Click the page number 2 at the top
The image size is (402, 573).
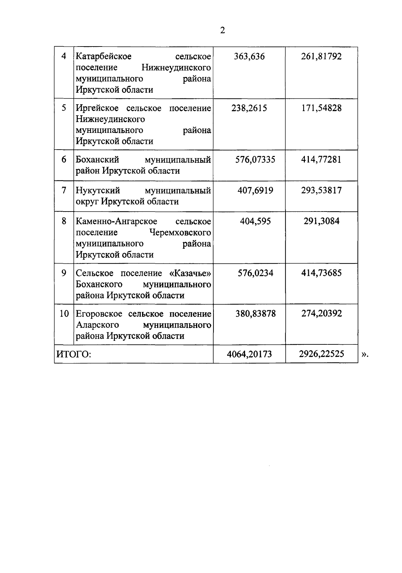222,31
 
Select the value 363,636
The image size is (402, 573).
249,56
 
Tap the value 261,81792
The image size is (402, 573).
321,56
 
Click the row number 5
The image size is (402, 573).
64,108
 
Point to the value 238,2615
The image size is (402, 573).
249,108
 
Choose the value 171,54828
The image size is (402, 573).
321,108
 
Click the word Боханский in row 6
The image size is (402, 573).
97,160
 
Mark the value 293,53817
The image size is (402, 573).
321,190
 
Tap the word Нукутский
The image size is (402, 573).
98,190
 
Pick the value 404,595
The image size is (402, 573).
255,221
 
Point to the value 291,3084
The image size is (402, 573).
321,221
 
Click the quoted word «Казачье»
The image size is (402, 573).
191,273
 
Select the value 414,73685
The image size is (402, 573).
321,273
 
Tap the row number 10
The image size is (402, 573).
64,314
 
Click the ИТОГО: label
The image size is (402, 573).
73,354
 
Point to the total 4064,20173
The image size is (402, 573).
249,354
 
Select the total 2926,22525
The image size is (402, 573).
321,354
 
